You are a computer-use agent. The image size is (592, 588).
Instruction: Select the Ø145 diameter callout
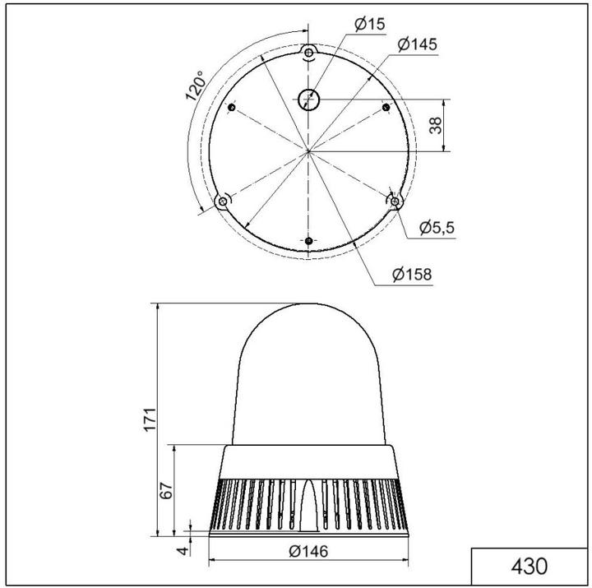(416, 45)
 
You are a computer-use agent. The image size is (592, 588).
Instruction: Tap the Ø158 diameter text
(412, 275)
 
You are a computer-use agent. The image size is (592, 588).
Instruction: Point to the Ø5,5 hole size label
(437, 228)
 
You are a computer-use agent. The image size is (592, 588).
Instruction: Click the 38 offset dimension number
(436, 125)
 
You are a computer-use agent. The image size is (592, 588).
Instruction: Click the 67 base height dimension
(166, 491)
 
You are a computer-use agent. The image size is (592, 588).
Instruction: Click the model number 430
(529, 567)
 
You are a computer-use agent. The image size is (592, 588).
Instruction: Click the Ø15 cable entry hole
(308, 99)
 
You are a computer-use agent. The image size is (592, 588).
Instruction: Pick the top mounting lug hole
(308, 52)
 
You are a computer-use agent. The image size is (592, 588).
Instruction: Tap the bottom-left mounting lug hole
(223, 201)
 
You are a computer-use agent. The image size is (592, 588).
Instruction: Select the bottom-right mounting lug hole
(395, 201)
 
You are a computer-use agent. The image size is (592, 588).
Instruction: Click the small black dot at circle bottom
(308, 241)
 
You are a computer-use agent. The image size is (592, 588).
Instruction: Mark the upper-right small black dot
(386, 109)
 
